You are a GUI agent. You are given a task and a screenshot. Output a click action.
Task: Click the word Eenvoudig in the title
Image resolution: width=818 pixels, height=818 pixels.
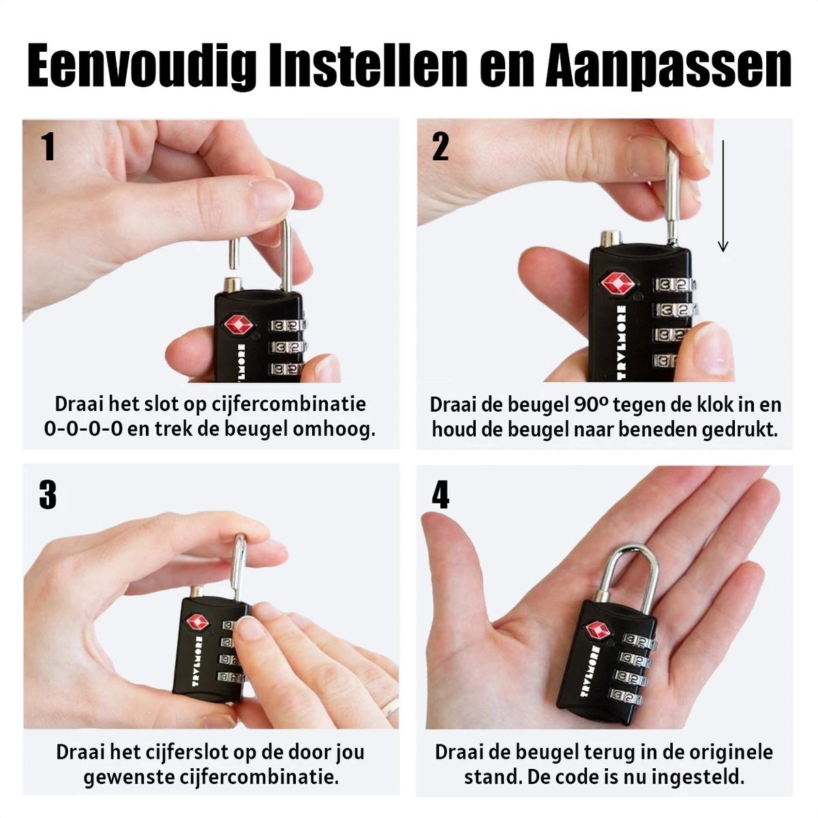pos(142,65)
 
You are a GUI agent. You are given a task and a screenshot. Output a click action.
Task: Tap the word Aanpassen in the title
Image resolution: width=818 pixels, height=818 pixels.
pos(669,65)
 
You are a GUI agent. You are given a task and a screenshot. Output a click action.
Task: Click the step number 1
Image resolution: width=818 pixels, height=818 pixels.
pos(48,147)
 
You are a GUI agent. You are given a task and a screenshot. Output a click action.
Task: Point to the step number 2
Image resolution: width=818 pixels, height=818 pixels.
pos(440,147)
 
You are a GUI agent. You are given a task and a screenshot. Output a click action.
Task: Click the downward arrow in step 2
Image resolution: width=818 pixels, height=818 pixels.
pos(723,196)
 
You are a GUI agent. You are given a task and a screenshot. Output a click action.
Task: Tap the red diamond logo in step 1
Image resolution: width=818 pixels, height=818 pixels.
pos(239,325)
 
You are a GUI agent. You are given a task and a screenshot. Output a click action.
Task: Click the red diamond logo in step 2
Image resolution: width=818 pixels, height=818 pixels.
pos(618,284)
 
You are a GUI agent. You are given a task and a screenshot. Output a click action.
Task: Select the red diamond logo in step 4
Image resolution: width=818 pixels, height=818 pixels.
pos(598,629)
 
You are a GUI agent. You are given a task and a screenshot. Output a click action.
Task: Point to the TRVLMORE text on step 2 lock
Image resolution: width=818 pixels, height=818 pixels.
pos(621,342)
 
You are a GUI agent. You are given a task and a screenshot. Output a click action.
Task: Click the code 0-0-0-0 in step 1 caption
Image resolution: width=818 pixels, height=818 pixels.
pos(83,429)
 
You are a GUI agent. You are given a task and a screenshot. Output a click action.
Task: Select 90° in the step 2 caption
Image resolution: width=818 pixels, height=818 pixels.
pos(591,404)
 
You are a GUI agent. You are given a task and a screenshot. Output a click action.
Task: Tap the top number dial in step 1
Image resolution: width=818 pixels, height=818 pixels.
pos(287,325)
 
